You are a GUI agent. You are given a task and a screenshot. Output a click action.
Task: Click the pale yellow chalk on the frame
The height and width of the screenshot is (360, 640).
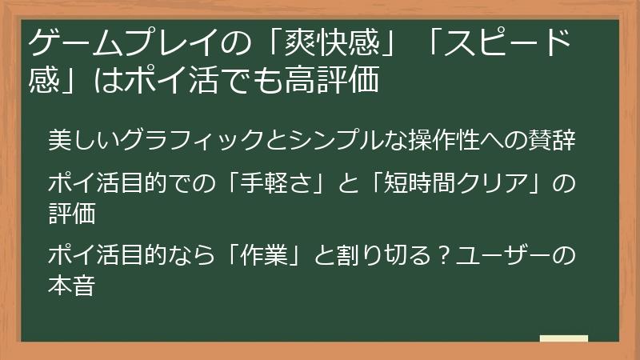coord(564,338)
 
